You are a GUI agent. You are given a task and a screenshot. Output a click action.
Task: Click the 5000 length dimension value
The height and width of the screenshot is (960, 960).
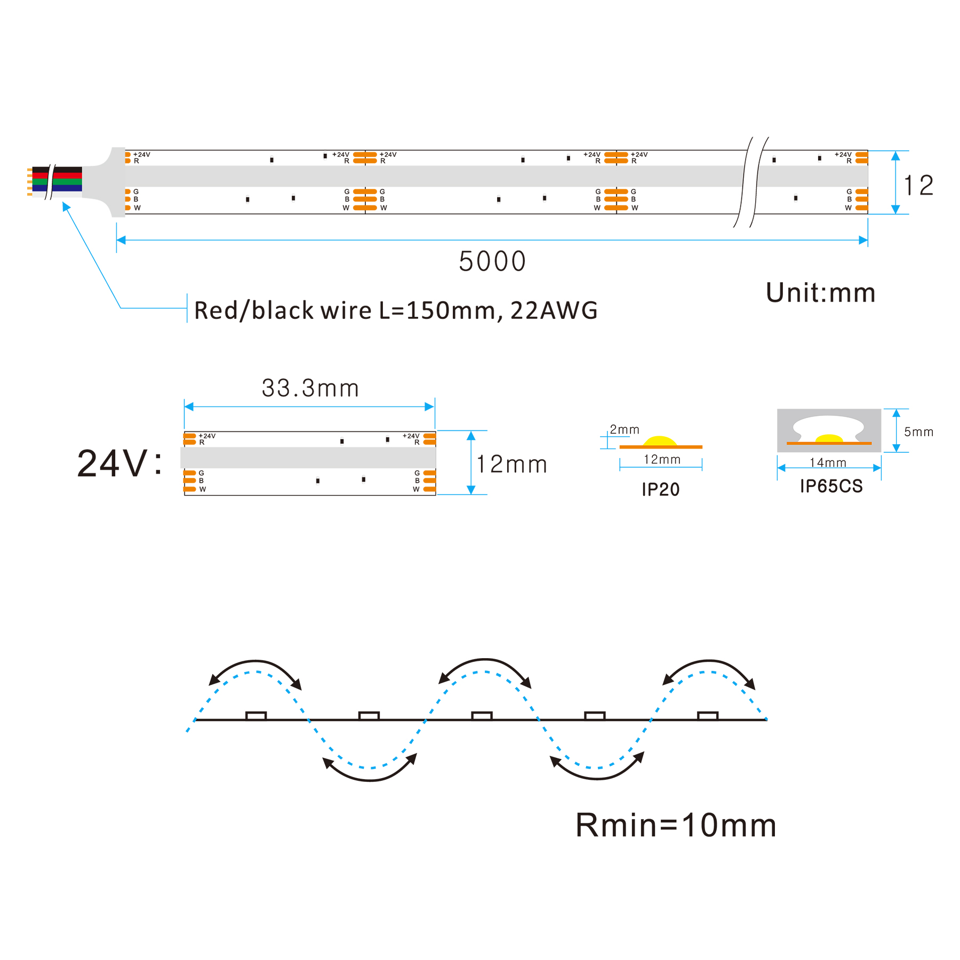point(492,261)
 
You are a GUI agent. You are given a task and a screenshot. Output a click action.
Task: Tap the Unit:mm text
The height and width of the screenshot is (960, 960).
point(820,293)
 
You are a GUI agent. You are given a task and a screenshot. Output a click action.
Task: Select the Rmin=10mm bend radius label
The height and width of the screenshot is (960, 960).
point(676,825)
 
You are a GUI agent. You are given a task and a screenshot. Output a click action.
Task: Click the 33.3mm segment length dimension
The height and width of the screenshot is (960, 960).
point(310,388)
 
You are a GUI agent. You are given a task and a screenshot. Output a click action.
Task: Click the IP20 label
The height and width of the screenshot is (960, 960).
point(660,489)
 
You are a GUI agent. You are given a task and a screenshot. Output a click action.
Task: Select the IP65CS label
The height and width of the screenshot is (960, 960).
point(831,486)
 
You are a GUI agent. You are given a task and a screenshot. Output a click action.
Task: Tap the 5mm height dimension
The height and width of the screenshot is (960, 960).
point(918,432)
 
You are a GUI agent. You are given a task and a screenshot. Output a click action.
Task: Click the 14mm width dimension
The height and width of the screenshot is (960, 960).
point(828,462)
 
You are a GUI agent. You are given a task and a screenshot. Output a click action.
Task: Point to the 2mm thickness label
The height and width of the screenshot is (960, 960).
point(625,429)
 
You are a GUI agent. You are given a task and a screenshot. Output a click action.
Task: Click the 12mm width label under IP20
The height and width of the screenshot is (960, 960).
point(662,459)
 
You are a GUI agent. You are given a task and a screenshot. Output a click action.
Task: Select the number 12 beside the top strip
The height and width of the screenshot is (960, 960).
point(918,186)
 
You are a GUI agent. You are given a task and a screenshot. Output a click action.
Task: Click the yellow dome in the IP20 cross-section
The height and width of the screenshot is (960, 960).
point(660,441)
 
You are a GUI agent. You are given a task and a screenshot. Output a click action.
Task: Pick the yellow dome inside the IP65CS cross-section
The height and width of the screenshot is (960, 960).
point(829,438)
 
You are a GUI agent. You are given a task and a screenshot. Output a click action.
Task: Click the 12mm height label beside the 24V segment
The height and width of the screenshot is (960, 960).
point(511,464)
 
